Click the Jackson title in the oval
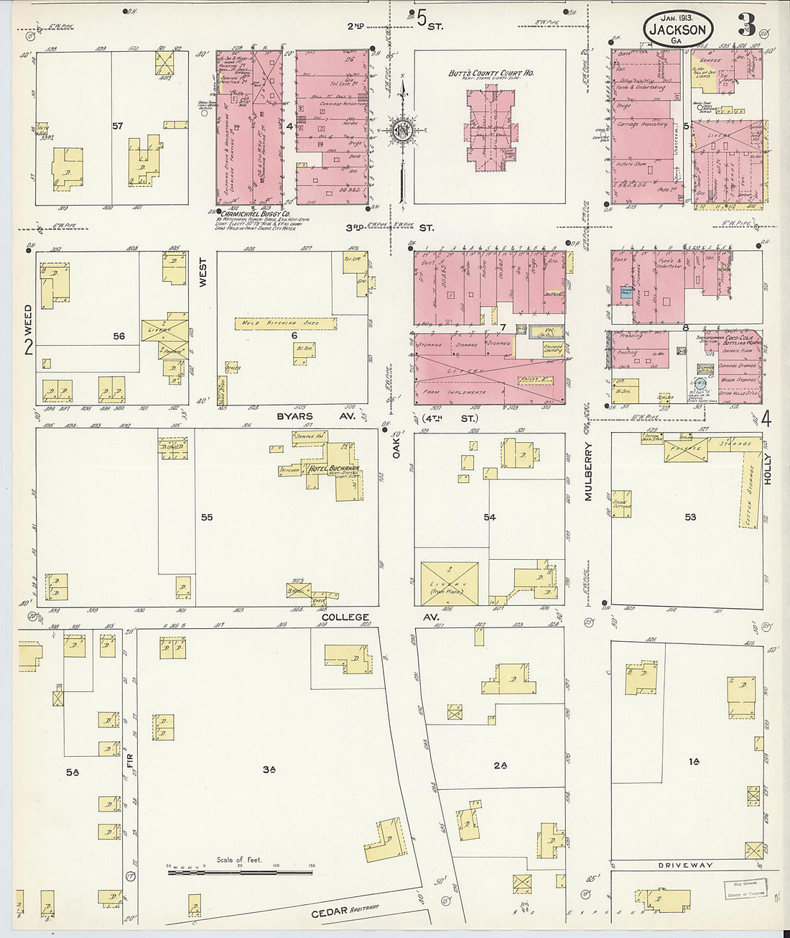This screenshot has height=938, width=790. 678,29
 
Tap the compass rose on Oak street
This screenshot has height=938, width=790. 403,130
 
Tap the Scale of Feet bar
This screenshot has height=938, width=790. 240,872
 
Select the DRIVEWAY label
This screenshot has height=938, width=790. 686,865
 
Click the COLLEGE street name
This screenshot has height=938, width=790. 345,617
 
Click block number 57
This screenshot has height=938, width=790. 118,126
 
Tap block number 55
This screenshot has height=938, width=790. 207,517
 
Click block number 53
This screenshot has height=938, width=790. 690,517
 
